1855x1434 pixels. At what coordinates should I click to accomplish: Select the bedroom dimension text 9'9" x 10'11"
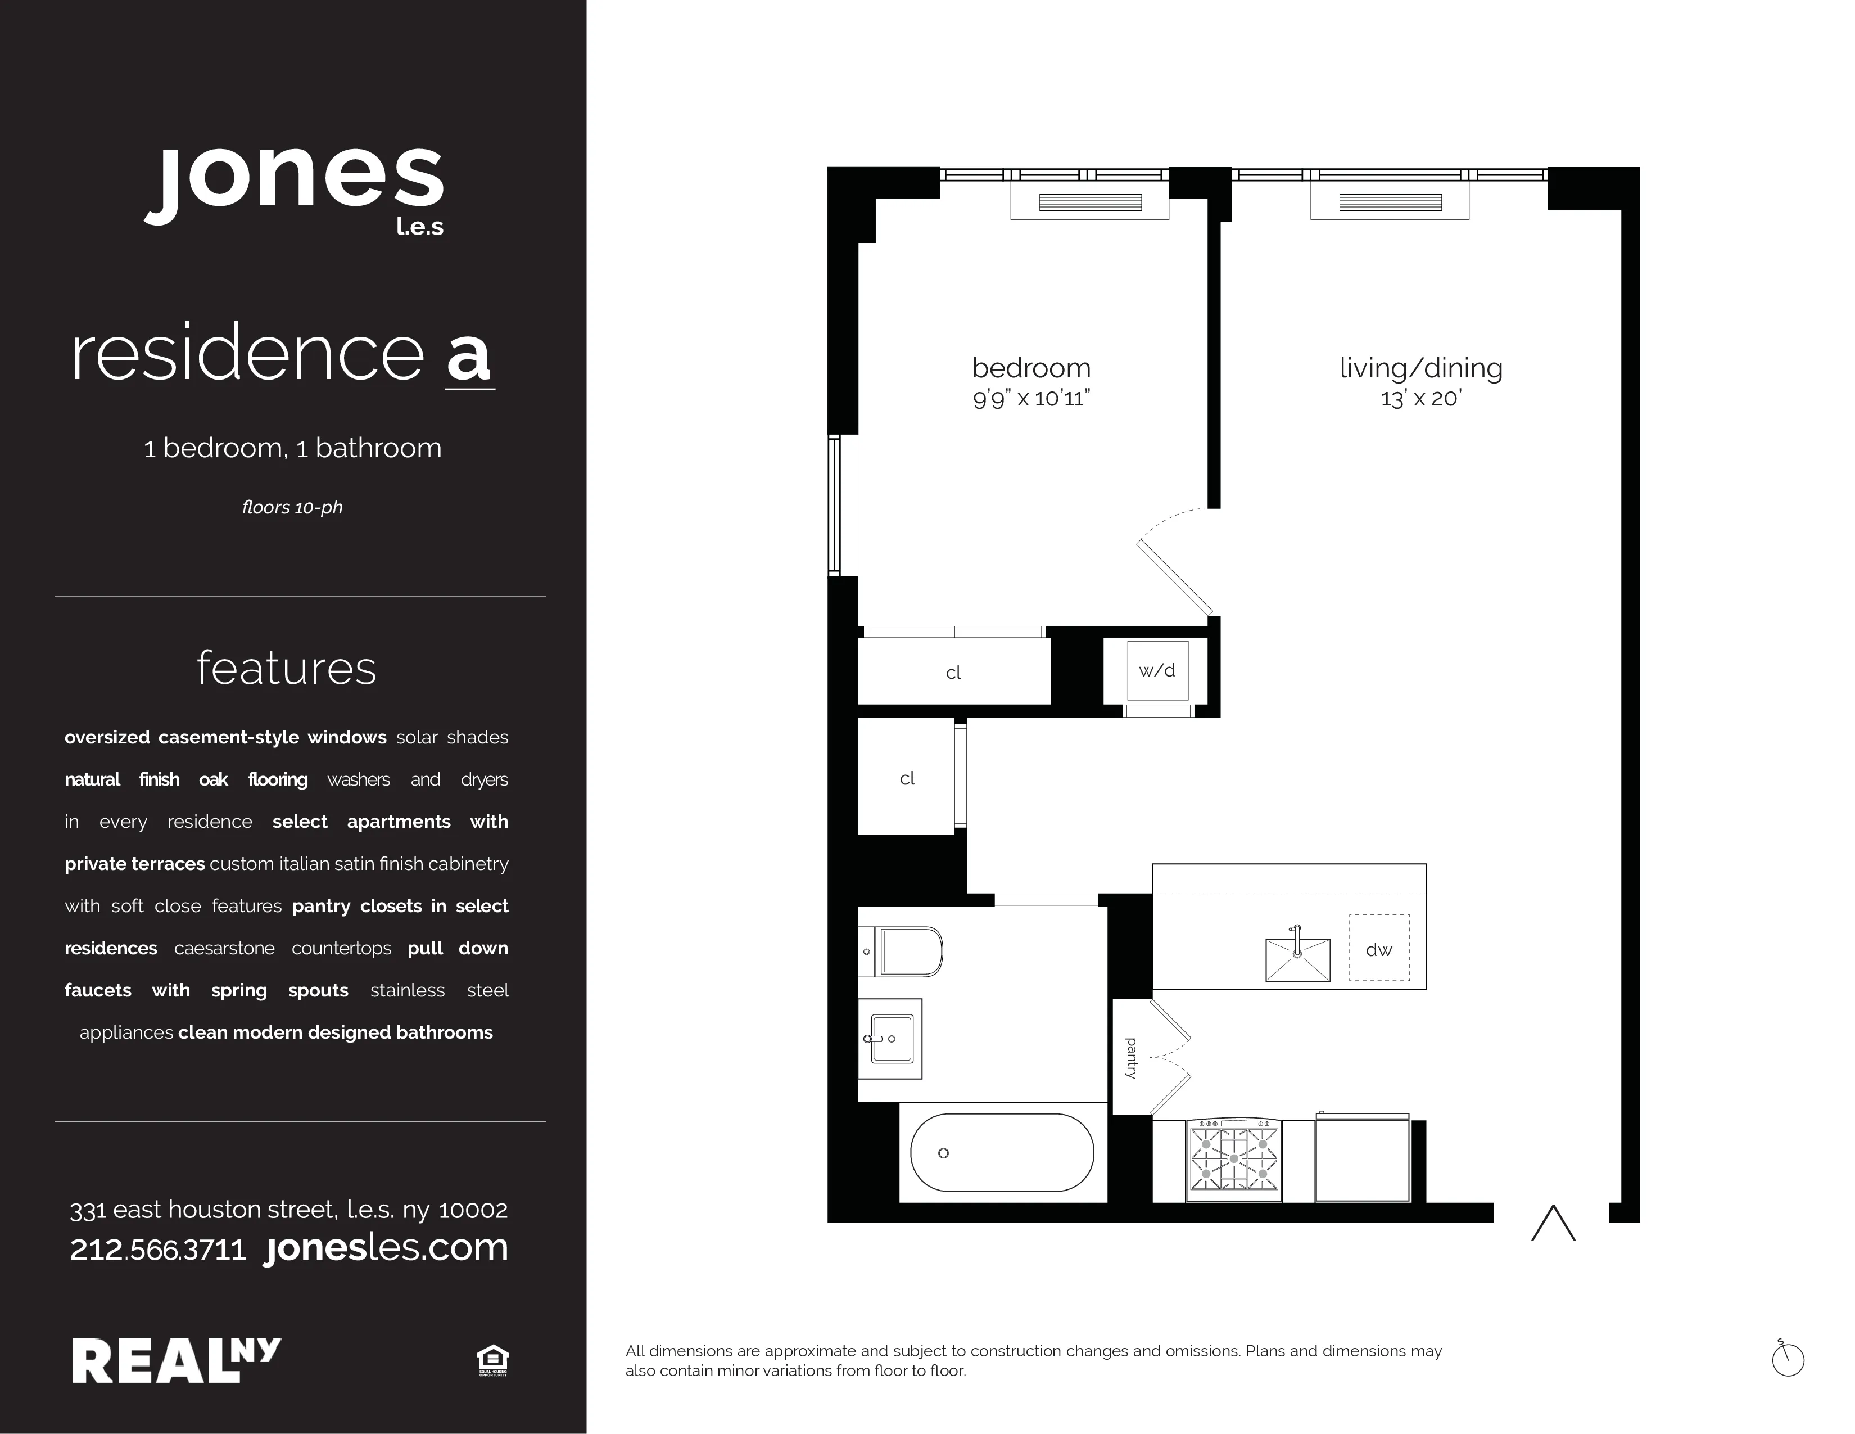coord(1031,399)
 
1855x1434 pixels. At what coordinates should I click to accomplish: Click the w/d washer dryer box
coord(1157,671)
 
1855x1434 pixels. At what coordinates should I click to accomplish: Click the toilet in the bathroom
coord(904,952)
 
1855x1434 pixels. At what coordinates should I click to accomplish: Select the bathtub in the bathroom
coord(1002,1153)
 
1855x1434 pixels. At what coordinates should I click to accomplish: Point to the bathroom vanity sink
coord(890,1038)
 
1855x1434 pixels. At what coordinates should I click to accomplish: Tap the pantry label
coord(1130,1058)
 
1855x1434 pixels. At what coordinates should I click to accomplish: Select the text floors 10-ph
coord(292,507)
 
